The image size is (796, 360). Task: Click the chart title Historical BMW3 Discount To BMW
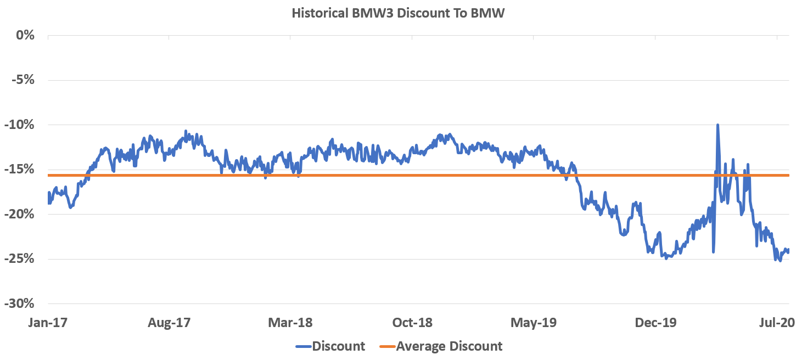pos(397,14)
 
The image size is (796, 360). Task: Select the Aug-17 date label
pos(169,323)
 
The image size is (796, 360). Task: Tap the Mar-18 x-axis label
pos(290,323)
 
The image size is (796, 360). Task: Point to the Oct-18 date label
pos(412,323)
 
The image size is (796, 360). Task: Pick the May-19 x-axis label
pos(534,323)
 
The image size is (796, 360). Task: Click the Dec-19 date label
pos(655,323)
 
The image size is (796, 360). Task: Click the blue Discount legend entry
pos(330,346)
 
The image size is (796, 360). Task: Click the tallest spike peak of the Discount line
pos(717,125)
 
